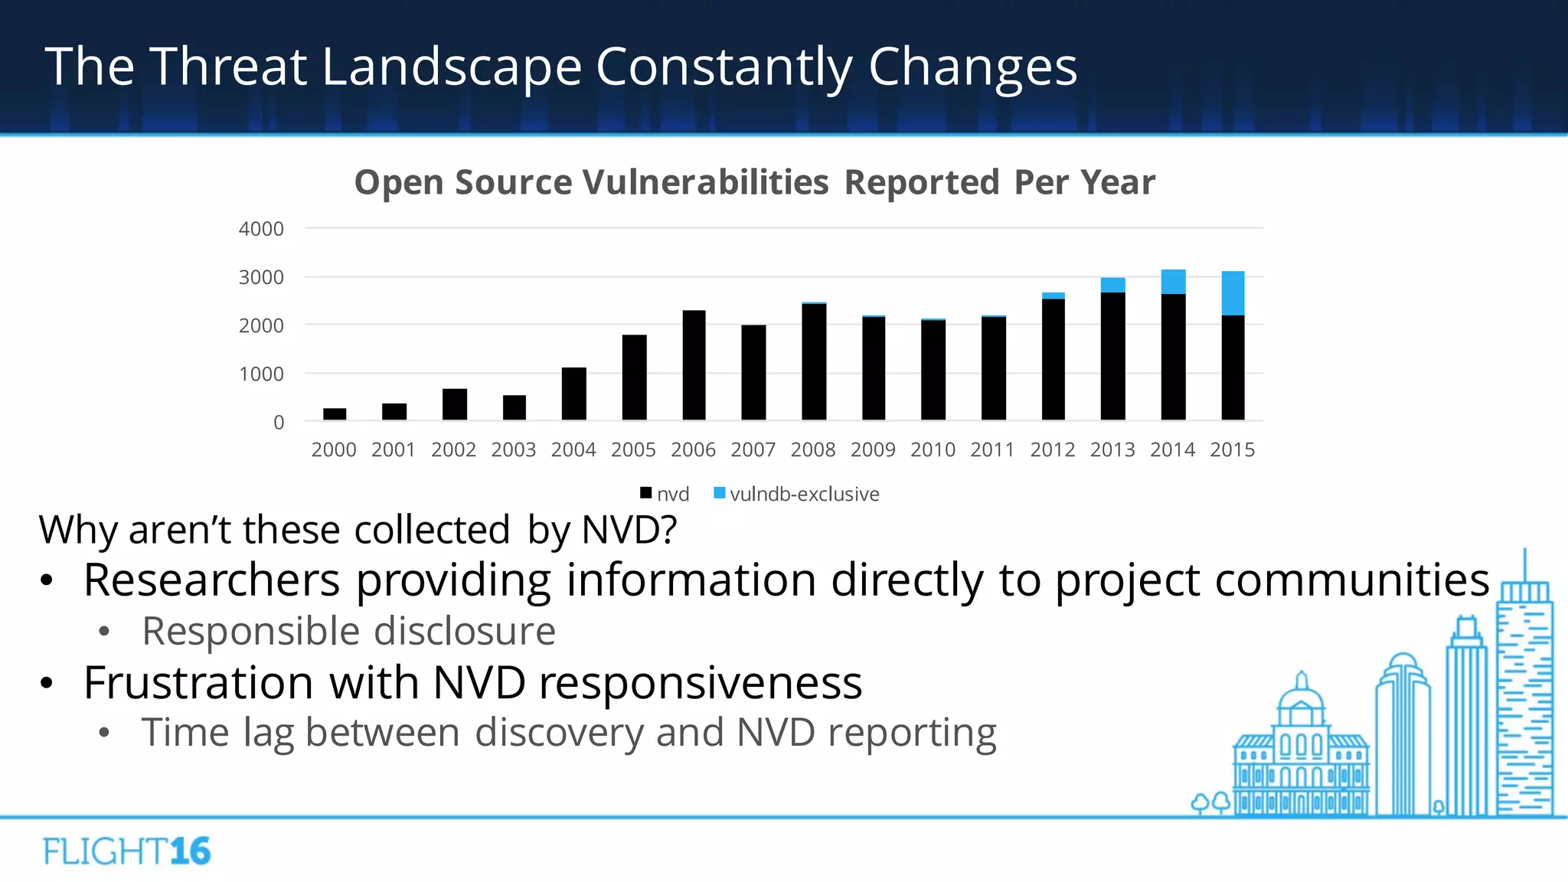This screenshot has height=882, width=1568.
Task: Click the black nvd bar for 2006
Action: [x=694, y=365]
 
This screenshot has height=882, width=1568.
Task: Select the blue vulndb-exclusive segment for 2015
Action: [x=1233, y=293]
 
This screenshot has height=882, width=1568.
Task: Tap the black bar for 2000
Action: [x=335, y=414]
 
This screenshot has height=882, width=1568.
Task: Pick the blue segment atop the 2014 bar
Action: [x=1173, y=282]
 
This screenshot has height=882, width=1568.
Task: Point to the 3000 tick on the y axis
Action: [x=261, y=277]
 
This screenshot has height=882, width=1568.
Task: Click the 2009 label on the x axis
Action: [x=873, y=450]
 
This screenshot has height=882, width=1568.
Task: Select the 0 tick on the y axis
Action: [x=279, y=423]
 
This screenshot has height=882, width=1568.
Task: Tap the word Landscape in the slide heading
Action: [x=452, y=67]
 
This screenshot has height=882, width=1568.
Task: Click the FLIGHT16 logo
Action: [x=126, y=851]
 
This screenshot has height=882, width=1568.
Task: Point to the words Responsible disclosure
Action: [x=348, y=632]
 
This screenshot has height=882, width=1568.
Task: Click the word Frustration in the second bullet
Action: [x=198, y=682]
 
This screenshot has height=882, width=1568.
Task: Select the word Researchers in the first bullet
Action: [x=211, y=580]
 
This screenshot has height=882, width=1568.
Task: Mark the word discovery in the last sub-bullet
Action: [x=560, y=733]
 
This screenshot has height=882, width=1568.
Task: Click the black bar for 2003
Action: [x=514, y=407]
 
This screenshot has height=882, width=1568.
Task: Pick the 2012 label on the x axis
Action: [x=1053, y=450]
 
